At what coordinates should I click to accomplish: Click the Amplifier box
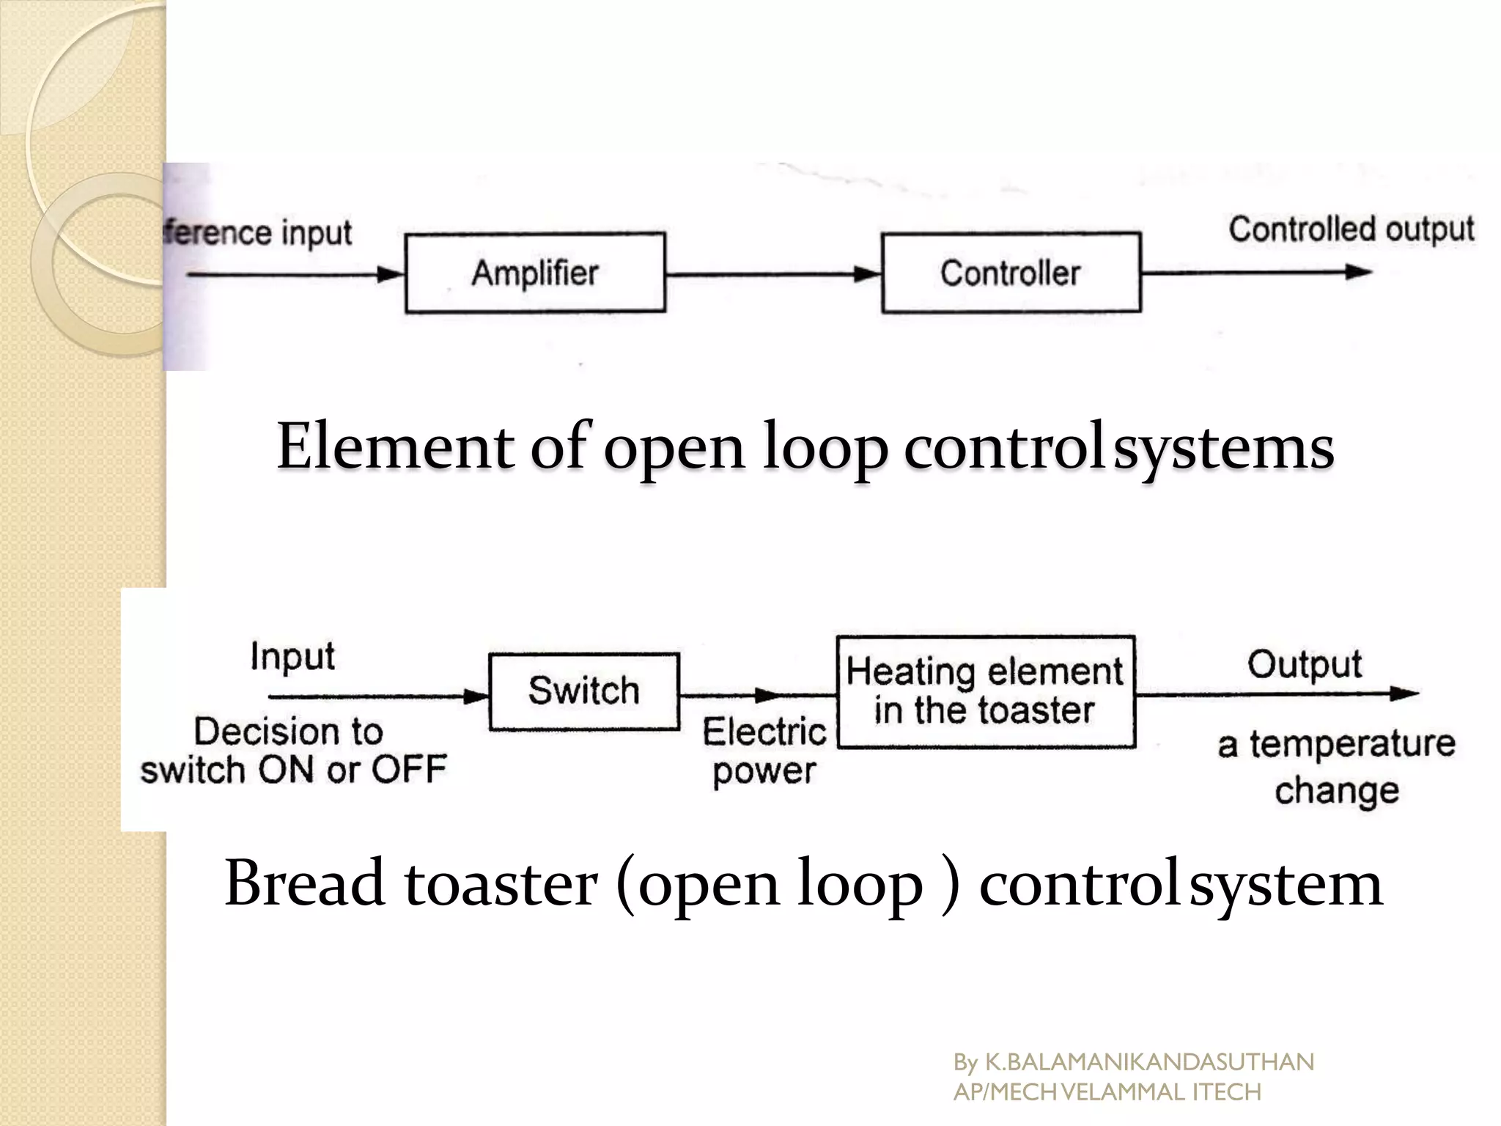pyautogui.click(x=535, y=273)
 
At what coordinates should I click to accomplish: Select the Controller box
pyautogui.click(x=1011, y=273)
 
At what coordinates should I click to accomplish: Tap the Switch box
pyautogui.click(x=584, y=691)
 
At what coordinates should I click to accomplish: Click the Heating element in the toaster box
pyautogui.click(x=986, y=691)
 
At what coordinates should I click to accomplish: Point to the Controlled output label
pyautogui.click(x=1351, y=229)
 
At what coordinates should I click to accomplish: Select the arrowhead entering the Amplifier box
pyautogui.click(x=391, y=275)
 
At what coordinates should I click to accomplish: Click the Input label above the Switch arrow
pyautogui.click(x=292, y=655)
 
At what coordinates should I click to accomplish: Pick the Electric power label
pyautogui.click(x=764, y=751)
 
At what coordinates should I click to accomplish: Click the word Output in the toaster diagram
pyautogui.click(x=1305, y=665)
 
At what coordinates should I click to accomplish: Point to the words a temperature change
pyautogui.click(x=1336, y=767)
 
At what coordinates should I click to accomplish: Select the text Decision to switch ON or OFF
pyautogui.click(x=293, y=751)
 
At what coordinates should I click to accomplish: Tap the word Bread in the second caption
pyautogui.click(x=305, y=883)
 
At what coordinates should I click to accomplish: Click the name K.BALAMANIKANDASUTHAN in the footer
pyautogui.click(x=1149, y=1062)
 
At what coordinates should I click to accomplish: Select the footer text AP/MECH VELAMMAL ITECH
pyautogui.click(x=1107, y=1092)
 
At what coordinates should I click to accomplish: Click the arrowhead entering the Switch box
pyautogui.click(x=476, y=696)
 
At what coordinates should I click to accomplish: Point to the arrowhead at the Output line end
pyautogui.click(x=1404, y=693)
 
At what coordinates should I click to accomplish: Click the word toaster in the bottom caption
pyautogui.click(x=501, y=883)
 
